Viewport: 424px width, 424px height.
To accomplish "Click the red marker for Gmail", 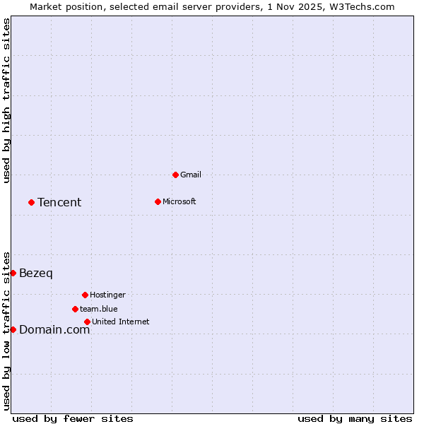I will coord(175,175).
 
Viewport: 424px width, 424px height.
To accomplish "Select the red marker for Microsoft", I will coord(158,201).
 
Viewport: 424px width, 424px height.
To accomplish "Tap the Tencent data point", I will coord(31,202).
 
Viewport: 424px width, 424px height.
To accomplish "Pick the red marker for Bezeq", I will coord(13,273).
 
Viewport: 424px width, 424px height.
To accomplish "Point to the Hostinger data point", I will coord(85,295).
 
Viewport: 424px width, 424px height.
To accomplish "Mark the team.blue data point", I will coord(75,309).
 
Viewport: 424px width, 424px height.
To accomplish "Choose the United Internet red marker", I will coord(87,322).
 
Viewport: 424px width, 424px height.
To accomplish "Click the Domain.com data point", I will coord(13,329).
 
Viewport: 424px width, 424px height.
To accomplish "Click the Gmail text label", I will coord(191,175).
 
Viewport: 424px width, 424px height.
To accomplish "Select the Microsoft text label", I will coord(179,201).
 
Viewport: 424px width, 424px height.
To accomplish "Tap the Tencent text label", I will coord(59,203).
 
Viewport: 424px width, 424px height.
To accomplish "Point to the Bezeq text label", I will coord(36,273).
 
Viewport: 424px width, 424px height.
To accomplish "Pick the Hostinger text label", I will coord(107,295).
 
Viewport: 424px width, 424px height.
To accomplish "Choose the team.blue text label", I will coord(98,309).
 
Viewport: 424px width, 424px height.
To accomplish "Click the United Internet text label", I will coord(120,322).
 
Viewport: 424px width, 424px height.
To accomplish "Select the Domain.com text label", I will coord(54,329).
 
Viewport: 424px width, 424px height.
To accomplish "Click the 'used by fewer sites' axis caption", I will coord(73,418).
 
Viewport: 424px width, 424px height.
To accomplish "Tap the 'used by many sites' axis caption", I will coord(355,418).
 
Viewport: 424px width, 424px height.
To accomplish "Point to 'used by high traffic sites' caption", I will coord(6,100).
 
